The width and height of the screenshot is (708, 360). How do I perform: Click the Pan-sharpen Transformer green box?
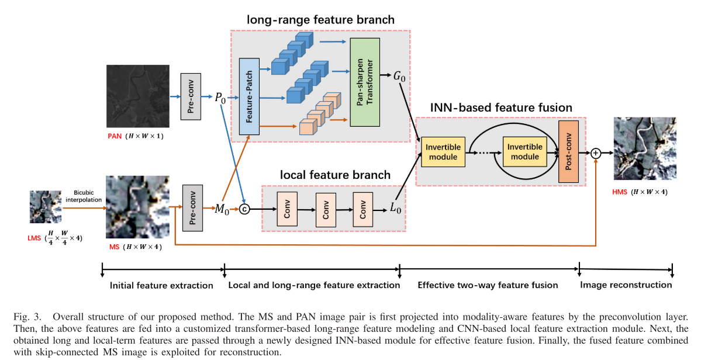(x=365, y=82)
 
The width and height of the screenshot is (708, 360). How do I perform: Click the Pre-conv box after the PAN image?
(x=191, y=96)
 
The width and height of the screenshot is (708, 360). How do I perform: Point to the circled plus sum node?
(x=596, y=153)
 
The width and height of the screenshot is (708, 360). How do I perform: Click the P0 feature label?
(x=220, y=98)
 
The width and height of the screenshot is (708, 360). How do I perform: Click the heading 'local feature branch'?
(x=335, y=175)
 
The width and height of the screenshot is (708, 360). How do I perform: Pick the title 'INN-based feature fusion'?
(x=501, y=108)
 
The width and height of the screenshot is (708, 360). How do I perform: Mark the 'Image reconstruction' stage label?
(x=626, y=285)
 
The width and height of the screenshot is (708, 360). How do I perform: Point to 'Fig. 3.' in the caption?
(x=28, y=317)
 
